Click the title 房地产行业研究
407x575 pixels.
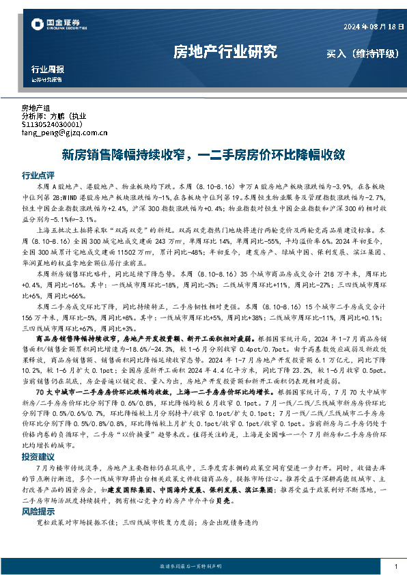coord(225,52)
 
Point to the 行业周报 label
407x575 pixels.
coord(48,69)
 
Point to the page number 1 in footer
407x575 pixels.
coord(395,567)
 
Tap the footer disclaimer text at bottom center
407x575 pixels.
coord(203,567)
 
